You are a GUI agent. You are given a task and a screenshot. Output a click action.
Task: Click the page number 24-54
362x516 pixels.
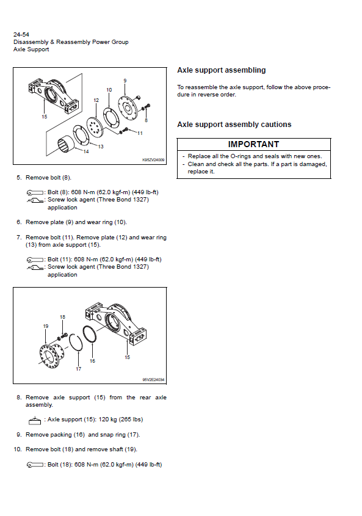[x=21, y=34]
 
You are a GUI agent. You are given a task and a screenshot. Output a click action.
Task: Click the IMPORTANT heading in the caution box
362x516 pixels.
[x=253, y=144]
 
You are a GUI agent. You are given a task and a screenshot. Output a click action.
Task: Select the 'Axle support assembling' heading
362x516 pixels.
[x=222, y=70]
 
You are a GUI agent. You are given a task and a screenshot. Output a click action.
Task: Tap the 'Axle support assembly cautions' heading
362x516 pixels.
[x=234, y=125]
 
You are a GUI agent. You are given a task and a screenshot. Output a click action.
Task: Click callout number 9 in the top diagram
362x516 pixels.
[x=125, y=81]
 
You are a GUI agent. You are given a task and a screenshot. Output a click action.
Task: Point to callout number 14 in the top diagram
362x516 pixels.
[x=86, y=151]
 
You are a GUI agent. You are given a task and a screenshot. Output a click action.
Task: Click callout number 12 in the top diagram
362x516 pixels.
[x=96, y=100]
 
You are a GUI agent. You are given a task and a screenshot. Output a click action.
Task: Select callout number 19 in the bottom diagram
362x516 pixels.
[x=46, y=326]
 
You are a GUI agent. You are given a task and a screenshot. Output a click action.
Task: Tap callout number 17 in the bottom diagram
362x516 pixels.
[x=78, y=369]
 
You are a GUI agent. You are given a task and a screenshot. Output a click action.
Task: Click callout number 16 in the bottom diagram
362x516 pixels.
[x=92, y=361]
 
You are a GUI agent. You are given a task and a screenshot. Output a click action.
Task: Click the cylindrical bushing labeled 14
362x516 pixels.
[x=66, y=144]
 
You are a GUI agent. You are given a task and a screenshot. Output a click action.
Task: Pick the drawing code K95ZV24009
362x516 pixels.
[x=153, y=160]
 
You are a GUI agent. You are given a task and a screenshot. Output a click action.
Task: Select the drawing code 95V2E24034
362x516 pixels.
[x=153, y=379]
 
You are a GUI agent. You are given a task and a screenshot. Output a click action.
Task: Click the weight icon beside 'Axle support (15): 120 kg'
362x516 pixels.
[x=35, y=420]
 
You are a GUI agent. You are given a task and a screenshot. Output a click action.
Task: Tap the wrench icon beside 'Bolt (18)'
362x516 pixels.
[x=35, y=465]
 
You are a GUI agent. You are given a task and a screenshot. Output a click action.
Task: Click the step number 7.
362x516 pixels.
[x=19, y=238]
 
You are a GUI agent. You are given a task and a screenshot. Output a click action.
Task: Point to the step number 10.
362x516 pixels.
[x=18, y=449]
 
